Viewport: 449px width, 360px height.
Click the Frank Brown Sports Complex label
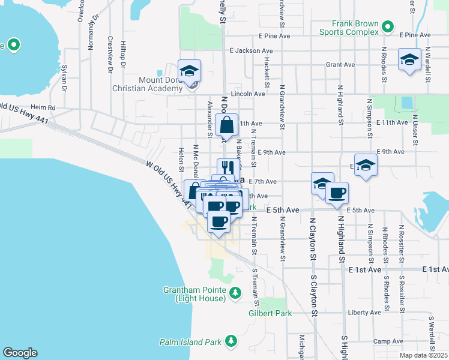click(x=349, y=28)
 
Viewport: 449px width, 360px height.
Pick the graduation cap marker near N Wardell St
click(x=410, y=59)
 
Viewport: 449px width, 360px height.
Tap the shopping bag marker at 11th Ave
click(x=227, y=126)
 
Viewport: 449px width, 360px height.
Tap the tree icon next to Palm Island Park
click(x=231, y=342)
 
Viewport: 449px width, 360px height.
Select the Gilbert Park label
click(x=270, y=313)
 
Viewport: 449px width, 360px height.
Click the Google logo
click(x=20, y=353)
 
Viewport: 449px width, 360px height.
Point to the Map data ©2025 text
click(x=424, y=355)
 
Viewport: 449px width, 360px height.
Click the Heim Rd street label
click(x=43, y=107)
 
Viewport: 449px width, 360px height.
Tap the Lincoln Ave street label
click(x=252, y=94)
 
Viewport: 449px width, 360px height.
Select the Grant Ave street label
click(x=340, y=64)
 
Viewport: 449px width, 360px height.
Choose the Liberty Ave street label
click(x=364, y=313)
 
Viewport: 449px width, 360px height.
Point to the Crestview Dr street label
click(x=110, y=55)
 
